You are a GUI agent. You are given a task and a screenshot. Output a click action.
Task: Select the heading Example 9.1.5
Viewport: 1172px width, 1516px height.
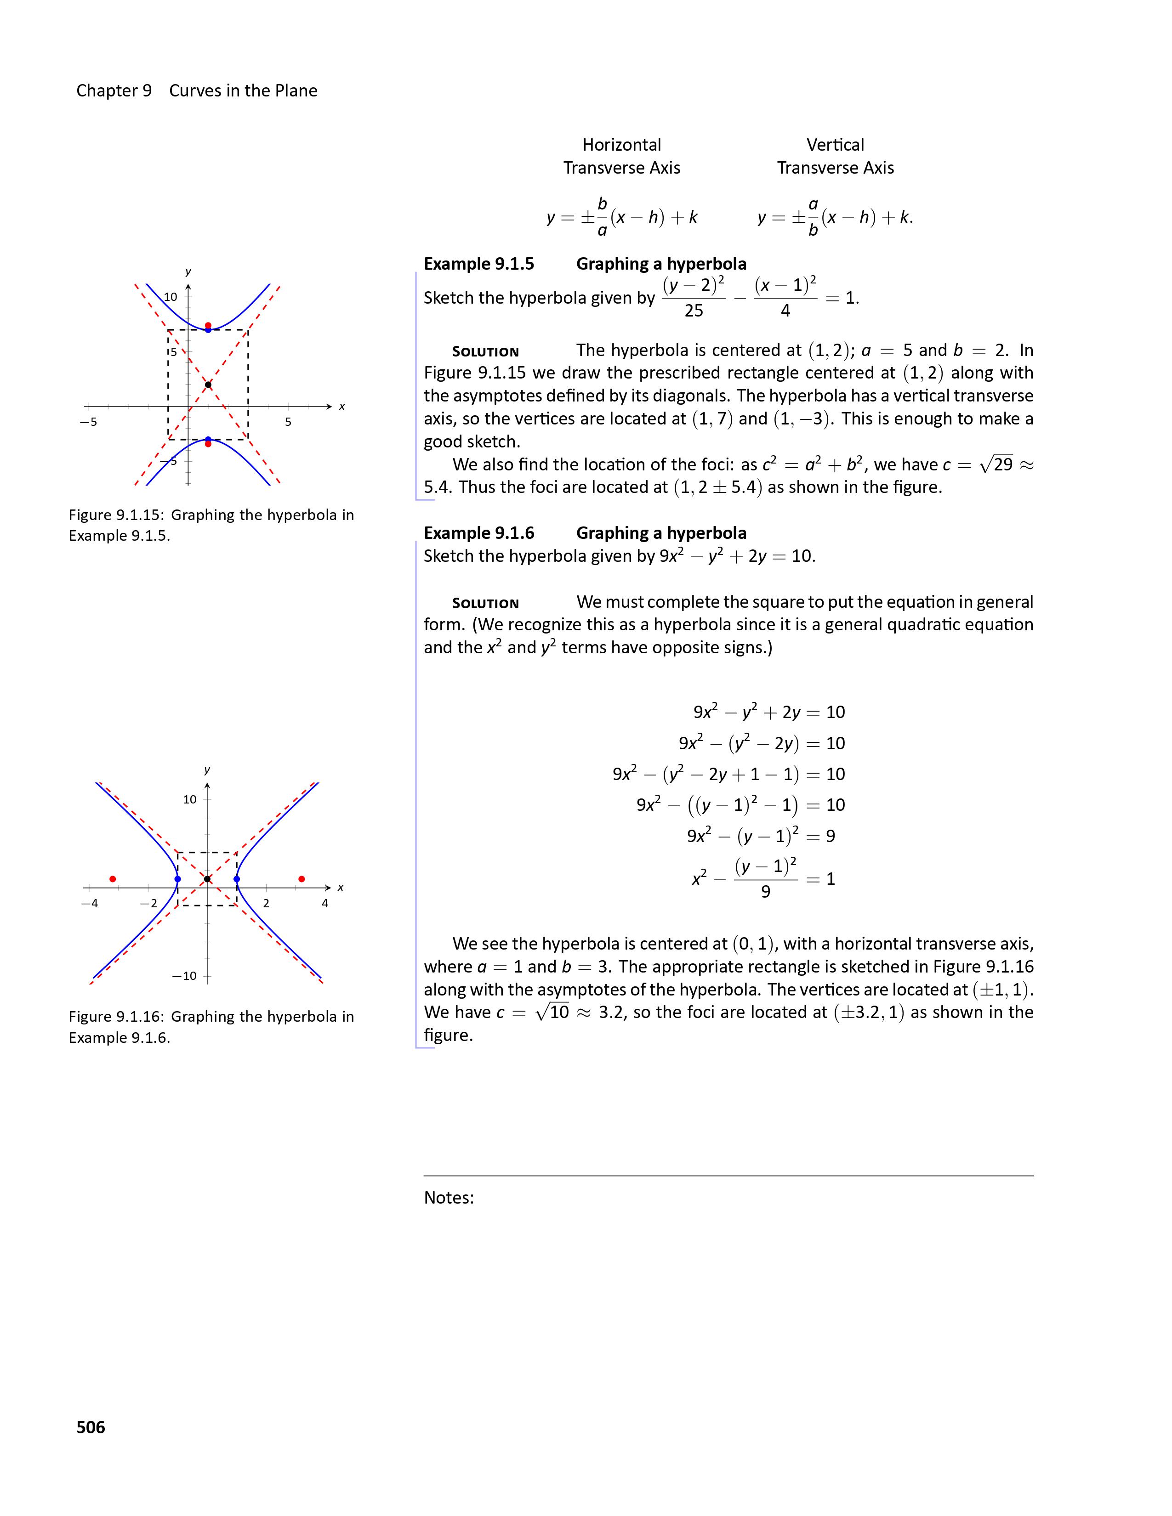pyautogui.click(x=479, y=264)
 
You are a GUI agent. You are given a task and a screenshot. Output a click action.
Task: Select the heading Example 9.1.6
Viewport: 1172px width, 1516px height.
pyautogui.click(x=479, y=532)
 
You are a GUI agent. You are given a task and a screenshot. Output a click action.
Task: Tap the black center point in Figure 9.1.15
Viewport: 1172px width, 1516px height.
pyautogui.click(x=208, y=385)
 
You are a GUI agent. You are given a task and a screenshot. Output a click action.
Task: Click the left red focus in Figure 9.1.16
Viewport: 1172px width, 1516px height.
pyautogui.click(x=113, y=879)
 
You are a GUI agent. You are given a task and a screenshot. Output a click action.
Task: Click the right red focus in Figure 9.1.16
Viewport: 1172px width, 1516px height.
pyautogui.click(x=302, y=879)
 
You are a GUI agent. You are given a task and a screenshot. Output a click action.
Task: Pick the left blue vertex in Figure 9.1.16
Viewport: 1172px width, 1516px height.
pyautogui.click(x=178, y=879)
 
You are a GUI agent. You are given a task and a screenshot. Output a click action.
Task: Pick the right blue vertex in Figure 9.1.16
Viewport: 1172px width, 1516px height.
pyautogui.click(x=237, y=879)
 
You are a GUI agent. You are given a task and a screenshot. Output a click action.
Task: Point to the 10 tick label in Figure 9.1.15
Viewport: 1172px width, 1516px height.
pyautogui.click(x=170, y=297)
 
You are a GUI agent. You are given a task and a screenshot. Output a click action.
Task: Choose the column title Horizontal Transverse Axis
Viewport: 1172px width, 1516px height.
pyautogui.click(x=621, y=156)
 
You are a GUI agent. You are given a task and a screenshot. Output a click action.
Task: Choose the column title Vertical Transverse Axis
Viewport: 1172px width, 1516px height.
pyautogui.click(x=835, y=156)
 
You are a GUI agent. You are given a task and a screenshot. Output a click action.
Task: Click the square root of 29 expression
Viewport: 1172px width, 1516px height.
pyautogui.click(x=996, y=464)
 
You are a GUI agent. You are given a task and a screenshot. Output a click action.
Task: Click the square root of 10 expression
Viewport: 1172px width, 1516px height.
pyautogui.click(x=552, y=1012)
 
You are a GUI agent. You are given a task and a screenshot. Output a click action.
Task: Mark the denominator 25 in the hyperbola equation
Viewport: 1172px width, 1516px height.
pyautogui.click(x=694, y=311)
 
